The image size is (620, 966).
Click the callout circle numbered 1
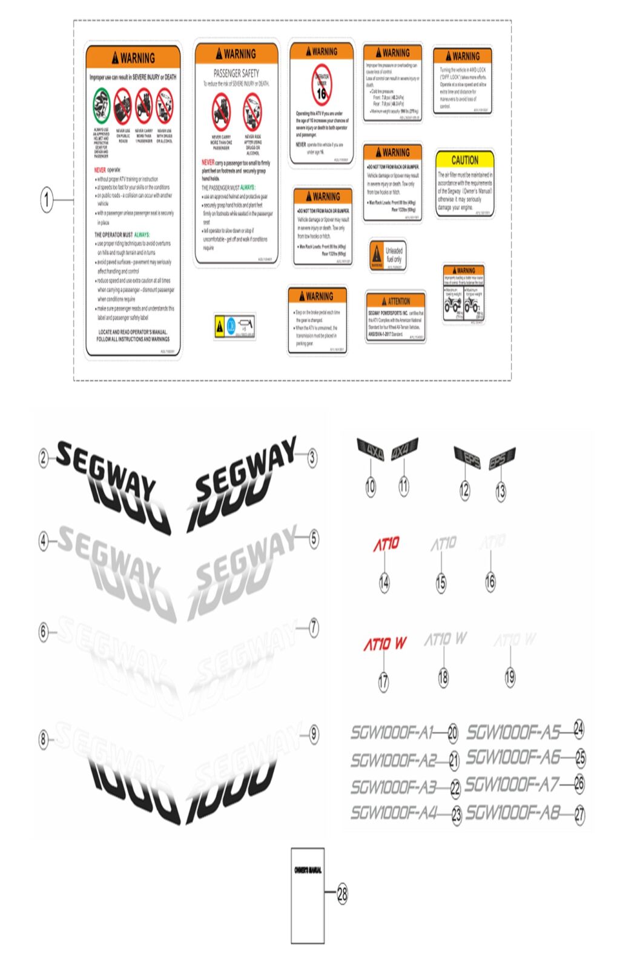pyautogui.click(x=47, y=199)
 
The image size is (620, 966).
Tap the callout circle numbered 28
pyautogui.click(x=342, y=893)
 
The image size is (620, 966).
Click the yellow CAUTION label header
pyautogui.click(x=464, y=160)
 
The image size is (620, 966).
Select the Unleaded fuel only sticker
pyautogui.click(x=387, y=255)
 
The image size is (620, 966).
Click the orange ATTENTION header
pyautogui.click(x=395, y=301)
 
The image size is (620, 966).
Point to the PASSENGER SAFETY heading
pyautogui.click(x=236, y=73)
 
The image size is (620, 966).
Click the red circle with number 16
pyautogui.click(x=322, y=85)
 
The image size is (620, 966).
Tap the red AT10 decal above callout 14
pyautogui.click(x=386, y=544)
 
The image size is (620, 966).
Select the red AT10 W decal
pyautogui.click(x=384, y=643)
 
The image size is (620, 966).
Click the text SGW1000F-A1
pyautogui.click(x=392, y=733)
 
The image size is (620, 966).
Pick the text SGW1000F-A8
pyautogui.click(x=512, y=812)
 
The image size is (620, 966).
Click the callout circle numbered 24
pyautogui.click(x=578, y=729)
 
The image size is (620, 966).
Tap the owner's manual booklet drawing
pyautogui.click(x=308, y=895)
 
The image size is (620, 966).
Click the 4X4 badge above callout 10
pyautogui.click(x=370, y=451)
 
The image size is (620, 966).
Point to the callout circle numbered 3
pyautogui.click(x=312, y=457)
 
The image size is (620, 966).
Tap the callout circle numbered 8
pyautogui.click(x=44, y=739)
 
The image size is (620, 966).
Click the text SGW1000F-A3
pyautogui.click(x=393, y=787)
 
